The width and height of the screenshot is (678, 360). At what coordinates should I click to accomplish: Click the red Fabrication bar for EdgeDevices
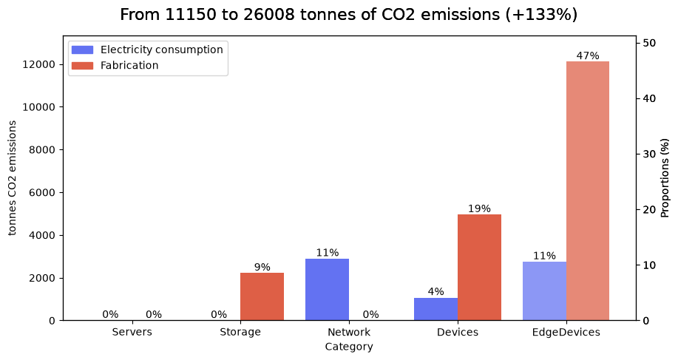(x=588, y=191)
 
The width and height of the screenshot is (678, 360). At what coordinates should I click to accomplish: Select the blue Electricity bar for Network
(x=328, y=290)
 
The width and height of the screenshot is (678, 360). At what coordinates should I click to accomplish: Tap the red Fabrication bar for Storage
(x=262, y=297)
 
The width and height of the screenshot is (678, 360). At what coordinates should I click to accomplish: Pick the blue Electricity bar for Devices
(x=436, y=310)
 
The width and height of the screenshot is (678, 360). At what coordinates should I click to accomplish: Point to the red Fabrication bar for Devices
(x=480, y=268)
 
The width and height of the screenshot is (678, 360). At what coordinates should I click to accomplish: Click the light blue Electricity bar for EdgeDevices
(x=544, y=291)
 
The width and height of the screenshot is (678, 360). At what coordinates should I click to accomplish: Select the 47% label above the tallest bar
(x=588, y=55)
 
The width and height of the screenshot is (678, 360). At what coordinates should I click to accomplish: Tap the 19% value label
(x=479, y=208)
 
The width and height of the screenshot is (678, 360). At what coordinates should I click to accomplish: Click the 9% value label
(x=262, y=267)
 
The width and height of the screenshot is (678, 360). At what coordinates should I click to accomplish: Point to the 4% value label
(x=436, y=292)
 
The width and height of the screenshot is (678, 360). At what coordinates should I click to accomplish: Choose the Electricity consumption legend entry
(x=147, y=50)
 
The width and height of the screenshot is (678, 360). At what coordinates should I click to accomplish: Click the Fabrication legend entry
(x=115, y=65)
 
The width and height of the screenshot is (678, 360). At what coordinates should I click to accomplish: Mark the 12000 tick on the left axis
(x=39, y=64)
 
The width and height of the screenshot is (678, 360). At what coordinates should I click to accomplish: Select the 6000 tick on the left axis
(x=42, y=193)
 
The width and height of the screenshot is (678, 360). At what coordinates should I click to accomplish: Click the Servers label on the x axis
(x=132, y=332)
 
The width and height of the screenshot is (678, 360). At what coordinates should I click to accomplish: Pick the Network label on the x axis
(x=349, y=332)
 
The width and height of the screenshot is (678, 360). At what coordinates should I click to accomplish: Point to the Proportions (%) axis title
(x=665, y=178)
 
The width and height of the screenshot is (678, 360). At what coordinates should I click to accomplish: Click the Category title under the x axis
(x=349, y=347)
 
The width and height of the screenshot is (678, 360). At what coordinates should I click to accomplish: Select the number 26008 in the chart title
(x=269, y=15)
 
